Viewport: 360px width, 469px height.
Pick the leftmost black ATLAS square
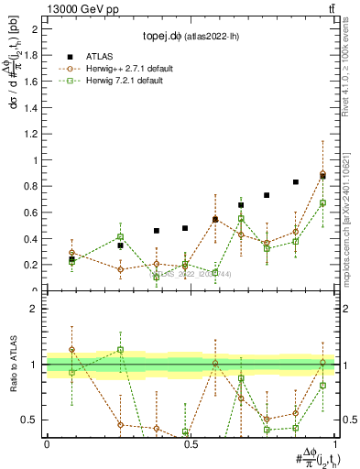tap(71, 259)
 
